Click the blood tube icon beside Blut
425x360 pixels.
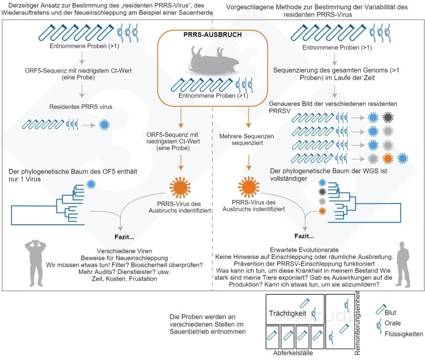click(x=380, y=310)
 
